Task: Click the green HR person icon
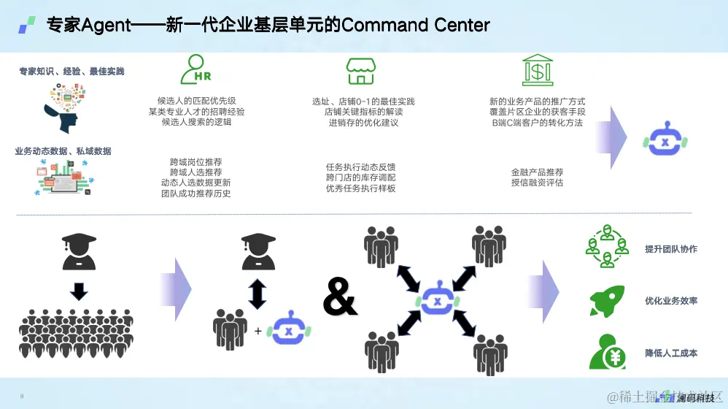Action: (195, 69)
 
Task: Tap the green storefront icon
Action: (360, 70)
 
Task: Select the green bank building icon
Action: (537, 69)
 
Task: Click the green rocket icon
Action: (607, 300)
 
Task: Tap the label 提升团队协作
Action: (671, 249)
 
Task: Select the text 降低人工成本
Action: (671, 353)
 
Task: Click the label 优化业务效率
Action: (671, 301)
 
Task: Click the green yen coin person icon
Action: (607, 351)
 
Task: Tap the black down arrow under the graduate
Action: (79, 291)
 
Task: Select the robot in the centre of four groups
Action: (436, 300)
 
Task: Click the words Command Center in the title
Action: (416, 25)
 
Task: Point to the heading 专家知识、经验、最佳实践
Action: (71, 72)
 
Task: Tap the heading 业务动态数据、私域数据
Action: (63, 151)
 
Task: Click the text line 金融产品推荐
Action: (537, 172)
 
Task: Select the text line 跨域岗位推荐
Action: (195, 161)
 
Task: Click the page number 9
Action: (22, 396)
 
